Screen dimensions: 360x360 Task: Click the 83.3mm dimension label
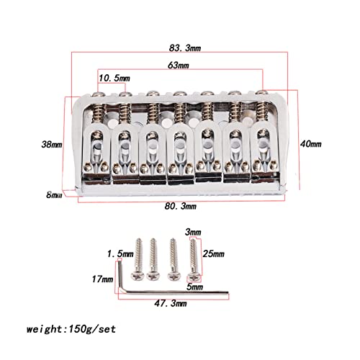[x=185, y=48]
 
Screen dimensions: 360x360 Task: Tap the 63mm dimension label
[x=178, y=66]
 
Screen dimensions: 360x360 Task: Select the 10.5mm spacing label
[x=114, y=78]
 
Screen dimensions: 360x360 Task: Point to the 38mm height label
[x=52, y=145]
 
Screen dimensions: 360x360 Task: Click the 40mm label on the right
[x=311, y=144]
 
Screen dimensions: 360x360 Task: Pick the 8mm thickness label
[x=54, y=194]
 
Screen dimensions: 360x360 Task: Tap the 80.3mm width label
[x=181, y=206]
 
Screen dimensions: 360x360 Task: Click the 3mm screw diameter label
[x=193, y=233]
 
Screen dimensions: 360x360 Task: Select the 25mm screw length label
[x=214, y=253]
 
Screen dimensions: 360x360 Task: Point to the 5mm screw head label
[x=194, y=287]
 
